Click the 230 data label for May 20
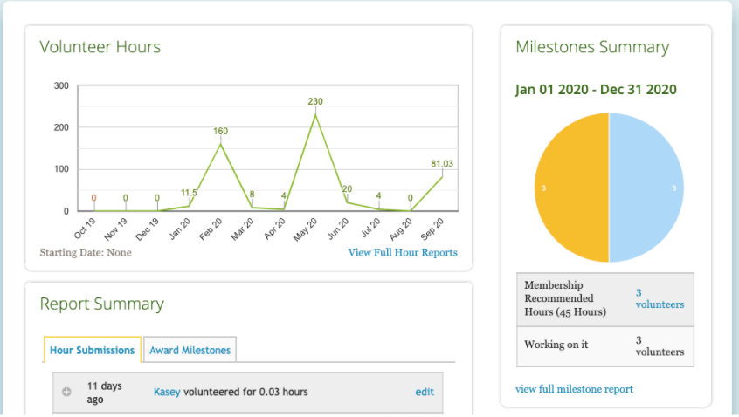click(315, 101)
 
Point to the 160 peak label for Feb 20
click(220, 131)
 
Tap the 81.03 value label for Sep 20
click(442, 163)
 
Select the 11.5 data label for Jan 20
click(189, 192)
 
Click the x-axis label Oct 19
click(84, 229)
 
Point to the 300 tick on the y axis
click(61, 85)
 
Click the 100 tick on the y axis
click(61, 169)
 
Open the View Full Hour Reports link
click(403, 253)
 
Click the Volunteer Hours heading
click(100, 47)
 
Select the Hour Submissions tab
click(93, 350)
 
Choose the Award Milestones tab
click(190, 350)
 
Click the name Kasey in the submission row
click(167, 392)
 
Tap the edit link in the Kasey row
click(425, 392)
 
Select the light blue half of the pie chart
click(646, 188)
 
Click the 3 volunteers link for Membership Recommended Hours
click(660, 298)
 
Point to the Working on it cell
click(556, 345)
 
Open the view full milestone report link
click(574, 389)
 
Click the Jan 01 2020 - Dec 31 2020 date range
click(596, 89)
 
